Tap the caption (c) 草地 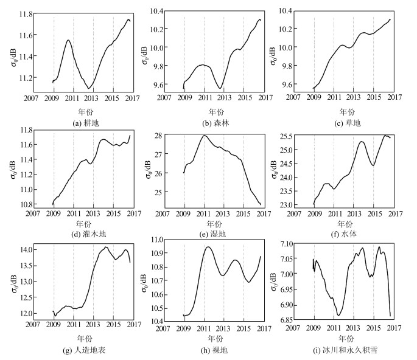pyautogui.click(x=345, y=123)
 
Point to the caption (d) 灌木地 pyautogui.click(x=83, y=234)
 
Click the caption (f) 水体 pyautogui.click(x=345, y=234)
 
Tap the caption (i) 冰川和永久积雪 pyautogui.click(x=345, y=350)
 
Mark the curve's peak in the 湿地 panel pyautogui.click(x=205, y=136)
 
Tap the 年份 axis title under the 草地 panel pyautogui.click(x=345, y=111)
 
